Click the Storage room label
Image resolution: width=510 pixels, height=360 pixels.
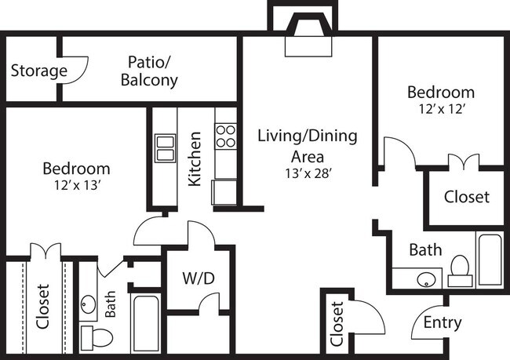click(38, 71)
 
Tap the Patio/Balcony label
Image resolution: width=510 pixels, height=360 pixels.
click(149, 71)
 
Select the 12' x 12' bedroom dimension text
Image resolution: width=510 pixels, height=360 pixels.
click(440, 110)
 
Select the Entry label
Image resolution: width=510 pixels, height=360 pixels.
click(442, 322)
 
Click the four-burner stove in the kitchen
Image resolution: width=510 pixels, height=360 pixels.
click(226, 136)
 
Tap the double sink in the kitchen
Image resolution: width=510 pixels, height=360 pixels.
click(165, 147)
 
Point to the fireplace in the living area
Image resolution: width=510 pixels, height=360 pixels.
click(308, 39)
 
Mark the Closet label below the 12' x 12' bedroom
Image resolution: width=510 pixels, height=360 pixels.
click(466, 197)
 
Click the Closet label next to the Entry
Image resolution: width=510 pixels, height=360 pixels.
click(337, 324)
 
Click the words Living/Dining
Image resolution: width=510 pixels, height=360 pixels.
click(307, 136)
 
